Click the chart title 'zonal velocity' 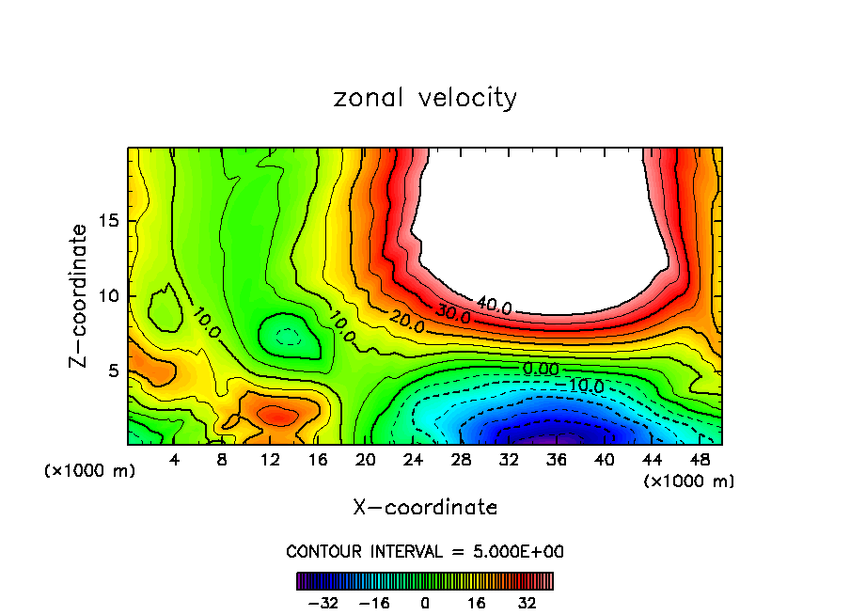click(425, 98)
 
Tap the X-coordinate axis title click(425, 507)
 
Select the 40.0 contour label click(494, 306)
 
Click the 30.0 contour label click(452, 316)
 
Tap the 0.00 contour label click(541, 369)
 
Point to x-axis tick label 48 click(700, 460)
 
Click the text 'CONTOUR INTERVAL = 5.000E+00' click(425, 551)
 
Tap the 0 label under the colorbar click(425, 602)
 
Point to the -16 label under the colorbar click(374, 602)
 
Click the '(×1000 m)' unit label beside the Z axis click(90, 471)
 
